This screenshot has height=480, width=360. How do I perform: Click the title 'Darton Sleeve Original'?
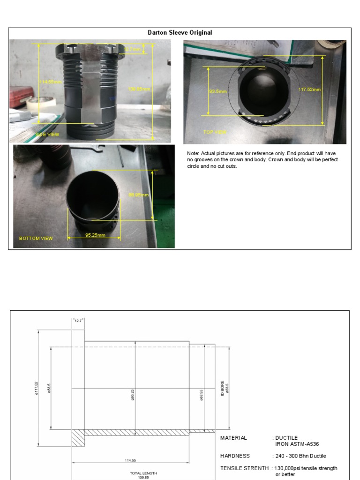coord(180,33)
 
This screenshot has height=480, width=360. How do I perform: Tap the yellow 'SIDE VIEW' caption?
coord(48,135)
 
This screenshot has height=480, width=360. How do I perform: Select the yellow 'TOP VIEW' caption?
coord(215,132)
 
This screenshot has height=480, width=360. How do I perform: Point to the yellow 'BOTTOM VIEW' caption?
coord(36,238)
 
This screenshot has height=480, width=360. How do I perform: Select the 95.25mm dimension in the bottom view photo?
coord(95,235)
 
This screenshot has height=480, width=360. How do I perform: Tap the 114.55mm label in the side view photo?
coord(51,82)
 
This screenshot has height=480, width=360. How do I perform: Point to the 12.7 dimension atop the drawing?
coord(78,321)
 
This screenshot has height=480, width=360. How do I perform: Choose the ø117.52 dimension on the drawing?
coord(36,388)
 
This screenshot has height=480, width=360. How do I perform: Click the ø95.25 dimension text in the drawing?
coord(133,388)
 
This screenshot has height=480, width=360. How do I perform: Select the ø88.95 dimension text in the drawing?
coord(202,388)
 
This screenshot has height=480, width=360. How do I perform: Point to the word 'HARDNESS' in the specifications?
coord(235,456)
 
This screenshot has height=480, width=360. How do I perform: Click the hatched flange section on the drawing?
coord(78,438)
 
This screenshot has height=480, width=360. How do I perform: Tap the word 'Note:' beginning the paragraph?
coord(193,153)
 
